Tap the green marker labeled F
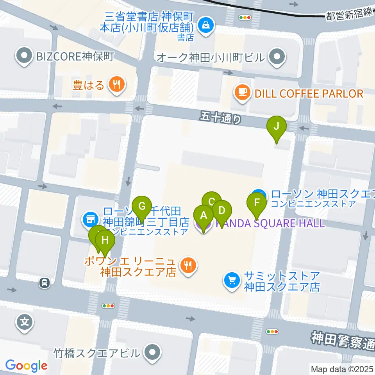pyautogui.click(x=257, y=203)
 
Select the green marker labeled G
pyautogui.click(x=142, y=206)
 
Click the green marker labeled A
pyautogui.click(x=203, y=215)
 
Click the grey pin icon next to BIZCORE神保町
pyautogui.click(x=24, y=57)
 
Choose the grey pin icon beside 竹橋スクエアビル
pyautogui.click(x=152, y=353)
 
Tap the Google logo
pyautogui.click(x=26, y=366)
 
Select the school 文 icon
pyautogui.click(x=25, y=323)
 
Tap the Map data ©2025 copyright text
pyautogui.click(x=342, y=369)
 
